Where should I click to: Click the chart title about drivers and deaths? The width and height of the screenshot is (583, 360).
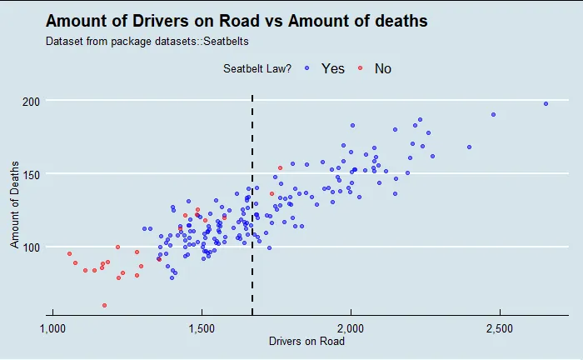coord(237,21)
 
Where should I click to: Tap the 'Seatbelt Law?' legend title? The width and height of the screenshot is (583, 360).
coord(257,68)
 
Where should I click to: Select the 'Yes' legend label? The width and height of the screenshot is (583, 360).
coord(332,68)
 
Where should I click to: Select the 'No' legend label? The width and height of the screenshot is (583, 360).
coord(382,68)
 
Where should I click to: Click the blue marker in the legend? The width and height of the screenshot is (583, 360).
coord(307,68)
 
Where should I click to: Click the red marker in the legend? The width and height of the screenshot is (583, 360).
coord(360,68)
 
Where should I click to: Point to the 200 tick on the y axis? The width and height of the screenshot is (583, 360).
coord(32,101)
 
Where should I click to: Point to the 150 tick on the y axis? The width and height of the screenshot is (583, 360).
coord(32,174)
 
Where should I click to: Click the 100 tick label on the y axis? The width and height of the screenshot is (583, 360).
coord(32,247)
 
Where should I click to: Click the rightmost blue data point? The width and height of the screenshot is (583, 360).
coord(546,104)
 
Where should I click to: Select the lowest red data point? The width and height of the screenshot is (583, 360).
coord(104,306)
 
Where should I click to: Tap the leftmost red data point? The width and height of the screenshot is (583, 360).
coord(69,253)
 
